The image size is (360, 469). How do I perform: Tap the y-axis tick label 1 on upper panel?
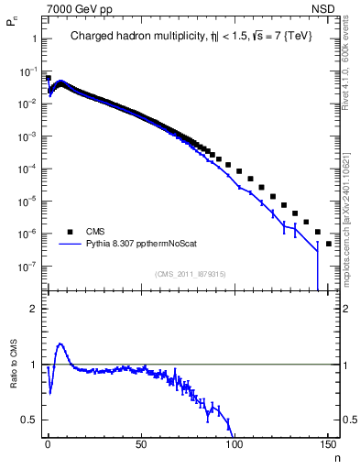pyautogui.click(x=34, y=39)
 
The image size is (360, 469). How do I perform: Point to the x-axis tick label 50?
pyautogui.click(x=140, y=443)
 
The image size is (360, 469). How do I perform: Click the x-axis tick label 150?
pyautogui.click(x=328, y=443)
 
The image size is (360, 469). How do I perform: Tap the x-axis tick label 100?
pyautogui.click(x=235, y=443)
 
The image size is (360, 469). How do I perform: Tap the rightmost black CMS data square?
pyautogui.click(x=329, y=245)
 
